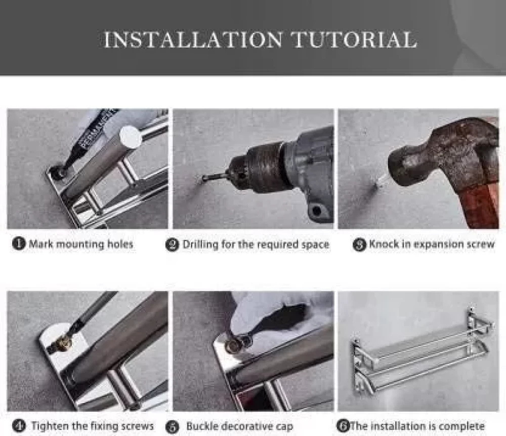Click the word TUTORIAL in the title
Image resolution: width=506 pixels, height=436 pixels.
click(354, 39)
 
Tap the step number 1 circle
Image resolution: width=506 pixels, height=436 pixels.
click(19, 244)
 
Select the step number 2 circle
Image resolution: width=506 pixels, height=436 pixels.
click(172, 245)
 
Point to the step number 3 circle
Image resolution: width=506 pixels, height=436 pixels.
click(359, 245)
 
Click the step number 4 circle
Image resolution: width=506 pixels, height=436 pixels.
click(19, 426)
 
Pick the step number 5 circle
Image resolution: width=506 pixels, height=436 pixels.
click(172, 427)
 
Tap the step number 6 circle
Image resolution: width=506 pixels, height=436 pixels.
click(343, 426)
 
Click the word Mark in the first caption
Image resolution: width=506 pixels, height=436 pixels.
click(41, 244)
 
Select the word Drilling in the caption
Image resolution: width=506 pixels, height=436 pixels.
click(200, 245)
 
